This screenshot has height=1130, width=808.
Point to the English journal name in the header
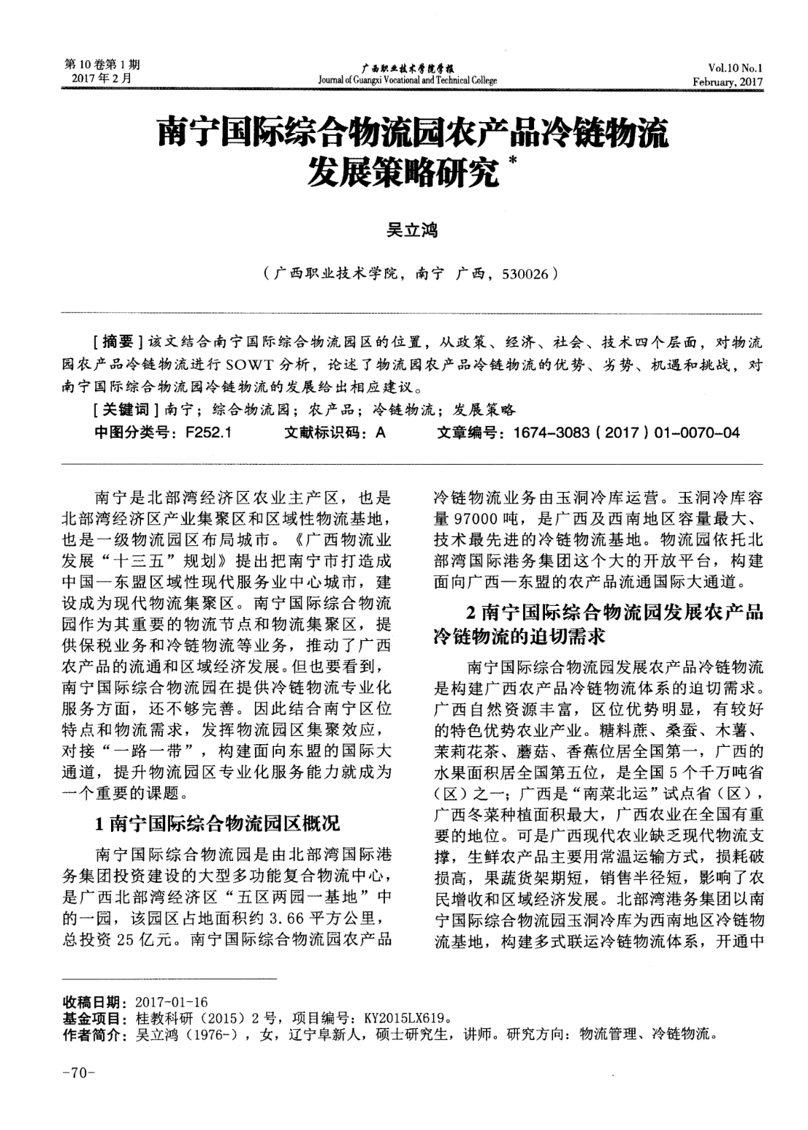click(x=408, y=80)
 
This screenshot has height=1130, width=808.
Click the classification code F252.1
click(x=208, y=433)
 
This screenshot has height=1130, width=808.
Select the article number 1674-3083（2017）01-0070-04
click(x=626, y=433)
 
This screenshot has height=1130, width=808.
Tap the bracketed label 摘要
click(x=118, y=341)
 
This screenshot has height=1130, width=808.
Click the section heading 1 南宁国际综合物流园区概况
click(x=218, y=824)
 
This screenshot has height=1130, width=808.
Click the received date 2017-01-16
click(x=172, y=1001)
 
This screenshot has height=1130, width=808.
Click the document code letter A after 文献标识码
click(x=379, y=433)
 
